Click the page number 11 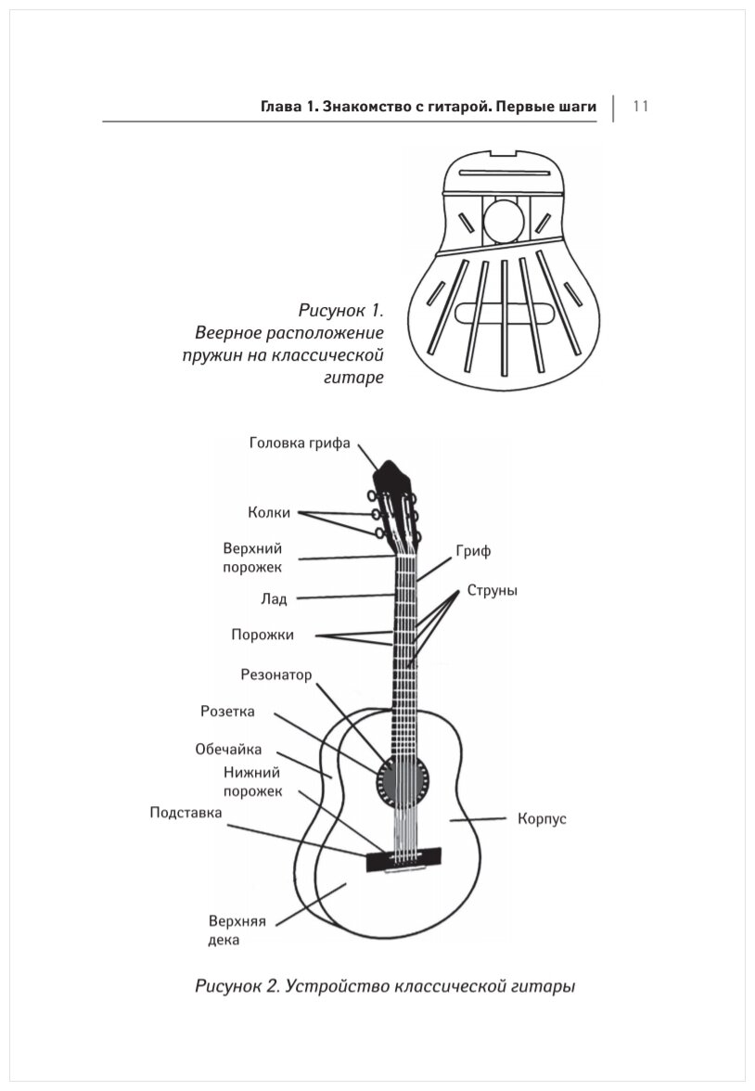point(640,106)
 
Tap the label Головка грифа point(300,443)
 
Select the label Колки point(269,512)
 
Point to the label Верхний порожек point(252,557)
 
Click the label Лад point(274,598)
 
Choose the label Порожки point(262,635)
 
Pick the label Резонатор point(276,674)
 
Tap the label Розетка point(227,712)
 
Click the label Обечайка point(228,750)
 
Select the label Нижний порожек point(252,781)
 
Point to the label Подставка point(186,813)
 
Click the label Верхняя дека point(237,931)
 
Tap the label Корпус point(541,819)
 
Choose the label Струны point(492,590)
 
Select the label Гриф point(473,551)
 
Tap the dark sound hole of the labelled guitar point(404,777)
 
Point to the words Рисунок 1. point(340,309)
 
